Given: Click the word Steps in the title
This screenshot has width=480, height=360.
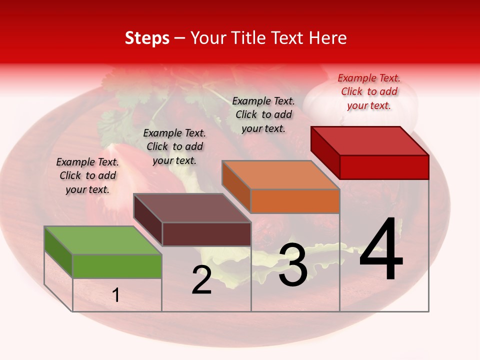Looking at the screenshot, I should [x=147, y=38].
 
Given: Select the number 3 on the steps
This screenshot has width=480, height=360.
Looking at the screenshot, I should [x=292, y=265].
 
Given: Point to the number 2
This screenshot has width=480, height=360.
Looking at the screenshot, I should [x=201, y=280].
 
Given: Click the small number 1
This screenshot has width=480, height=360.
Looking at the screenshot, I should [x=116, y=295].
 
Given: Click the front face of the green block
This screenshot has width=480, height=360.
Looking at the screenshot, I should [x=117, y=266].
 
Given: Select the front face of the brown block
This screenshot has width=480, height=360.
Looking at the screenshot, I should [x=206, y=234].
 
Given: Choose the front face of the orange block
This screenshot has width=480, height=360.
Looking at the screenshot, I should [x=295, y=201].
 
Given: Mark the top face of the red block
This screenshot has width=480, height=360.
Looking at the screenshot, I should [x=370, y=140].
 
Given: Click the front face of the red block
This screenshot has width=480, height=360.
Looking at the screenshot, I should [x=384, y=167].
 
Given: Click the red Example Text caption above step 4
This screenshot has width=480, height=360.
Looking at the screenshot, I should [x=369, y=91].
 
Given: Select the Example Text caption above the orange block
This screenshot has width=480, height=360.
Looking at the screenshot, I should [x=263, y=114].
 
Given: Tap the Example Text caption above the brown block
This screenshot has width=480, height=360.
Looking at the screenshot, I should [x=174, y=146].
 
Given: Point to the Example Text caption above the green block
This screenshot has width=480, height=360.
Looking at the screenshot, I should [x=87, y=175].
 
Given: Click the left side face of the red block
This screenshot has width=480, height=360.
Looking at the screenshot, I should [x=325, y=151].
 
